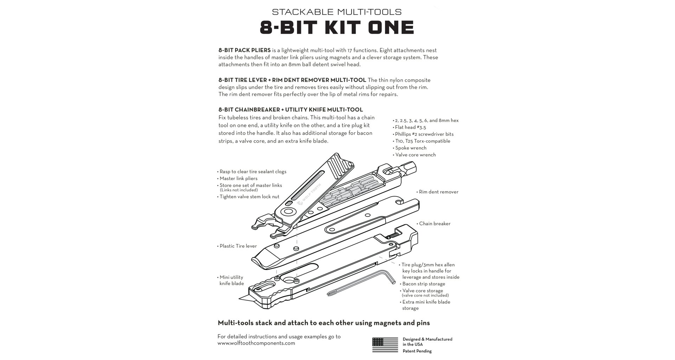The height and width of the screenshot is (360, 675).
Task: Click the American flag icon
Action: (x=385, y=345)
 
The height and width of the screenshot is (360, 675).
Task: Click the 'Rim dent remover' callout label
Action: (x=438, y=192)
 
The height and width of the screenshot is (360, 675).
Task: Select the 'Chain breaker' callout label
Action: (x=435, y=224)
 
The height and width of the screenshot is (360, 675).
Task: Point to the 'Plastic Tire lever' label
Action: (x=238, y=246)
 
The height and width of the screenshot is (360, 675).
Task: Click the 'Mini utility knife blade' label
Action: (x=232, y=280)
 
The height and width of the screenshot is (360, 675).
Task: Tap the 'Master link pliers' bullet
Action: (x=238, y=179)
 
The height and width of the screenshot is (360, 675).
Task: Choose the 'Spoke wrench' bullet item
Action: (x=411, y=148)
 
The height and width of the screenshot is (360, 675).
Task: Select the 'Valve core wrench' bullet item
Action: (x=415, y=155)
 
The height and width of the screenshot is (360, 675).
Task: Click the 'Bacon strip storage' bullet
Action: (x=423, y=284)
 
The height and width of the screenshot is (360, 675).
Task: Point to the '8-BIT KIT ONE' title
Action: (x=337, y=27)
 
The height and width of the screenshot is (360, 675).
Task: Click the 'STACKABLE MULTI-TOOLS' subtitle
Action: (x=337, y=12)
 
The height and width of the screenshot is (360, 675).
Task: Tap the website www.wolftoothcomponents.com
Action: (x=256, y=343)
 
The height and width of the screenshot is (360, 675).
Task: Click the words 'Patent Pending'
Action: (x=417, y=351)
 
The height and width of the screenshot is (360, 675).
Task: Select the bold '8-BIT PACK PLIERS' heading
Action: (x=244, y=50)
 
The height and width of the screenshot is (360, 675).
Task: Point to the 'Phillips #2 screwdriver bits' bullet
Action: (x=424, y=134)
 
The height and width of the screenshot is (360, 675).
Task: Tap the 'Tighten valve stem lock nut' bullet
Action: (x=249, y=197)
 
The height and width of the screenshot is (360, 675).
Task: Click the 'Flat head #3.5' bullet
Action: (x=410, y=127)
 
